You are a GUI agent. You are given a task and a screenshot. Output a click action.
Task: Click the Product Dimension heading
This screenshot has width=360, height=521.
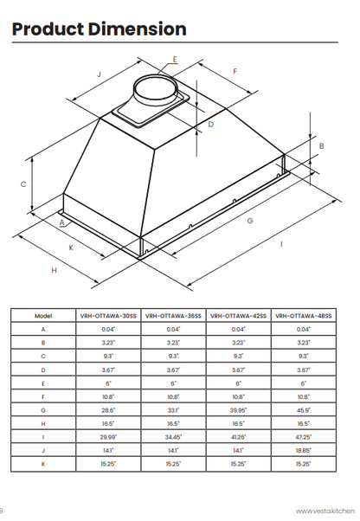[x=99, y=29]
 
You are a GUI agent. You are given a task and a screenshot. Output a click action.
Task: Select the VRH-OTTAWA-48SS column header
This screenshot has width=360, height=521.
[x=304, y=317]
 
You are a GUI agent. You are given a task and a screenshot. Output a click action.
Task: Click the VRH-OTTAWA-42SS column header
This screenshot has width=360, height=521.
[x=239, y=317]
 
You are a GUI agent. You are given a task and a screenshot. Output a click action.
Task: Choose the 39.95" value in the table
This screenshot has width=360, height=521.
[x=239, y=409]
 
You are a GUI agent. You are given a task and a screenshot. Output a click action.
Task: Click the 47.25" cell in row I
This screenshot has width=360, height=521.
[x=304, y=437]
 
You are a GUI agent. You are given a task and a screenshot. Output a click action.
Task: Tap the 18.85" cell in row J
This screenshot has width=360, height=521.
[x=304, y=450]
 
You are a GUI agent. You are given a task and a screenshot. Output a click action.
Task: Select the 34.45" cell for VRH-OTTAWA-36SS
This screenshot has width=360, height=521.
[x=174, y=437]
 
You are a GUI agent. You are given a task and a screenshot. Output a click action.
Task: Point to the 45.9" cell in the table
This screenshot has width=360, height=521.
[x=304, y=409]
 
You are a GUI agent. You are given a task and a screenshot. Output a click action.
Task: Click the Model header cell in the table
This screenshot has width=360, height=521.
[x=43, y=317]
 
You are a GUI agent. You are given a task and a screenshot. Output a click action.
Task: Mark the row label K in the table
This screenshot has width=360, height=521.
[x=43, y=464]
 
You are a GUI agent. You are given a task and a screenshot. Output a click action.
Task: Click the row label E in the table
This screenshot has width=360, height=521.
[x=43, y=383]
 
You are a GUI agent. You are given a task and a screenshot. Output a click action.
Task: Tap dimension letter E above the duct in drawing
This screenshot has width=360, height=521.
[x=174, y=60]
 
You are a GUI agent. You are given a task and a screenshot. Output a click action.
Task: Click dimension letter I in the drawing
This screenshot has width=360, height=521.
[x=281, y=245]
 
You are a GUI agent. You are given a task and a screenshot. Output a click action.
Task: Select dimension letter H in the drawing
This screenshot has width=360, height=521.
[x=54, y=271]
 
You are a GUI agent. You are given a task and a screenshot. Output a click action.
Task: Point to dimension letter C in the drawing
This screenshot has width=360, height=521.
[x=23, y=184]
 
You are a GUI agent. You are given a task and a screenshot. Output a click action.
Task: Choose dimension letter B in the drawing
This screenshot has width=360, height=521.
[x=321, y=147]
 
